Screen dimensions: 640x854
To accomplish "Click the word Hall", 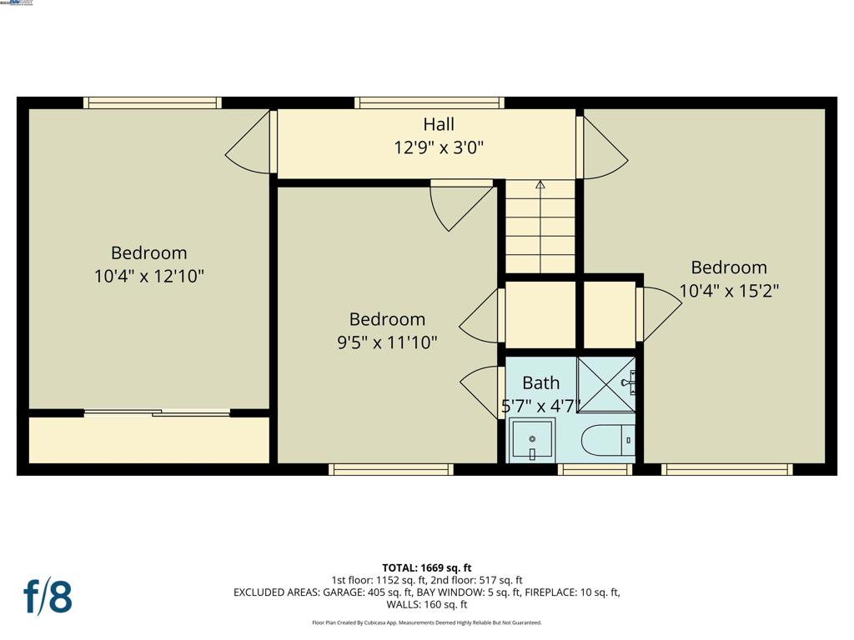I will tap(439, 124).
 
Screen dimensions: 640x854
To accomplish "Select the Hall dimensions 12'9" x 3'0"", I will tap(439, 147).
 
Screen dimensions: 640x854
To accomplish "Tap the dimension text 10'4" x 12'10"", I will tap(149, 276).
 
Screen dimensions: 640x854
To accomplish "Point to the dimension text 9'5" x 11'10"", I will tap(387, 342).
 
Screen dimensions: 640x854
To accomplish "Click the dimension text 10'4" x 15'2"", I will tap(729, 291).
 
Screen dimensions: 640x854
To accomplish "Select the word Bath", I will tap(540, 382).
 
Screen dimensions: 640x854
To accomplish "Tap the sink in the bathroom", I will tap(531, 439).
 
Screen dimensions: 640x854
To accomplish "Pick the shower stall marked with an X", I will tap(606, 383).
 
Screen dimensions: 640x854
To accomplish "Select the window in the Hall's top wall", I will tap(430, 102).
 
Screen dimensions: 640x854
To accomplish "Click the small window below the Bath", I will tap(595, 470).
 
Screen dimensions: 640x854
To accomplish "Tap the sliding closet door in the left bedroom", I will tap(157, 412).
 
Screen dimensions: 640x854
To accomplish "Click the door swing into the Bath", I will tap(482, 392).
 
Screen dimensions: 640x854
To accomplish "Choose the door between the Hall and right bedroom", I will tap(602, 148).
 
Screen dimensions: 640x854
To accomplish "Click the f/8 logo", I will tap(48, 597).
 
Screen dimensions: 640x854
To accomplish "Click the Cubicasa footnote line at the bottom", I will tap(427, 622).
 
